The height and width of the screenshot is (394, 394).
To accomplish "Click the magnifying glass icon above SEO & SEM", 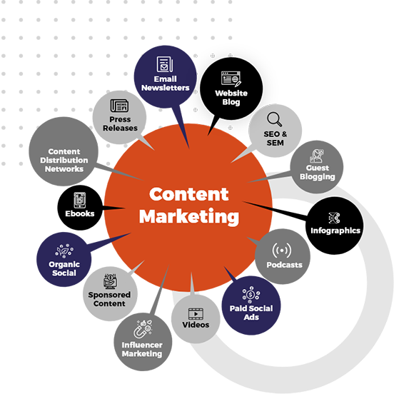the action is pyautogui.click(x=274, y=119).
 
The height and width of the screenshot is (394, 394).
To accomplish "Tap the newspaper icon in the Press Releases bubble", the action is pyautogui.click(x=119, y=106).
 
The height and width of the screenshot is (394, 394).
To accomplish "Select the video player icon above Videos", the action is pyautogui.click(x=196, y=314).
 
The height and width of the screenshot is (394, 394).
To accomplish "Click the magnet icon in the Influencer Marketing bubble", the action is pyautogui.click(x=143, y=329).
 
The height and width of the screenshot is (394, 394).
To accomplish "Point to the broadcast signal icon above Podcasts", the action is pyautogui.click(x=282, y=251).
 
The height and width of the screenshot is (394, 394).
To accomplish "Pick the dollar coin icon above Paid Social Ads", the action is pyautogui.click(x=251, y=294).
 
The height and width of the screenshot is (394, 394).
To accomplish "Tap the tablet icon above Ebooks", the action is pyautogui.click(x=80, y=200).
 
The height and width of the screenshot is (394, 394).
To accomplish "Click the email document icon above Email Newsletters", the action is pyautogui.click(x=165, y=64).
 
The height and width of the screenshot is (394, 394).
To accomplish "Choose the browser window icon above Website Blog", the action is pyautogui.click(x=231, y=79).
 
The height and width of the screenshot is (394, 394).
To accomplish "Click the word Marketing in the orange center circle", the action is pyautogui.click(x=189, y=216).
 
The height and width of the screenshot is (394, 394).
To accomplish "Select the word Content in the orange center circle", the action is pyautogui.click(x=189, y=194).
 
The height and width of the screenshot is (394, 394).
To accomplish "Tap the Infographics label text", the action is pyautogui.click(x=335, y=231).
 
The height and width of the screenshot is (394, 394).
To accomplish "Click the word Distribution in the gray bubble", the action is pyautogui.click(x=64, y=161).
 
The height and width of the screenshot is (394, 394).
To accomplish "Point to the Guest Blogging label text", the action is pyautogui.click(x=318, y=173).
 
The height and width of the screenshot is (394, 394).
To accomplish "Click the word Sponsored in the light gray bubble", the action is pyautogui.click(x=109, y=295).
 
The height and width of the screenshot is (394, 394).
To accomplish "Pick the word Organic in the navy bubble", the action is pyautogui.click(x=64, y=265).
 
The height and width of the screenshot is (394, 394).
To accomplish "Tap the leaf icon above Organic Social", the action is pyautogui.click(x=64, y=251).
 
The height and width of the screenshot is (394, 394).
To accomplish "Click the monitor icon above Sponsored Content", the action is pyautogui.click(x=111, y=281).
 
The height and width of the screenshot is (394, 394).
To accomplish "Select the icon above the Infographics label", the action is pyautogui.click(x=335, y=218).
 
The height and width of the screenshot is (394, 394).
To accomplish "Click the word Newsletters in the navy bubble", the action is pyautogui.click(x=166, y=88).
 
